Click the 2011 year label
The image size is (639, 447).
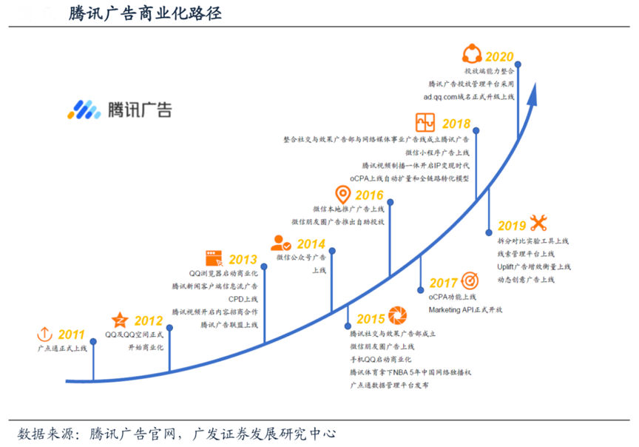coord(72,334)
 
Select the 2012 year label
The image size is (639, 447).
coord(148,320)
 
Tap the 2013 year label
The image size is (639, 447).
coord(243,260)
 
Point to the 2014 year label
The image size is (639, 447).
coord(311,243)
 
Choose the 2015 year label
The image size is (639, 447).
coord(371,319)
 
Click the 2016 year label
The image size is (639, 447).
coord(369,196)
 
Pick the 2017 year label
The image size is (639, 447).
coord(443,283)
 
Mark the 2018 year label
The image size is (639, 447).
coord(456,124)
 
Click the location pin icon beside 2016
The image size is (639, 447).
coord(342,195)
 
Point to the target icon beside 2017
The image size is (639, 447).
coord(469,281)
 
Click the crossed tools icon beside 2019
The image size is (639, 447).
coord(538,223)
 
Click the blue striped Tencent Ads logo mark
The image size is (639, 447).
coord(83,110)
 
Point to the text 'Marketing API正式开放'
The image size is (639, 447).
coord(466,308)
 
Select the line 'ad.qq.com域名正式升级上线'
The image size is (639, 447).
coord(469,97)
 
